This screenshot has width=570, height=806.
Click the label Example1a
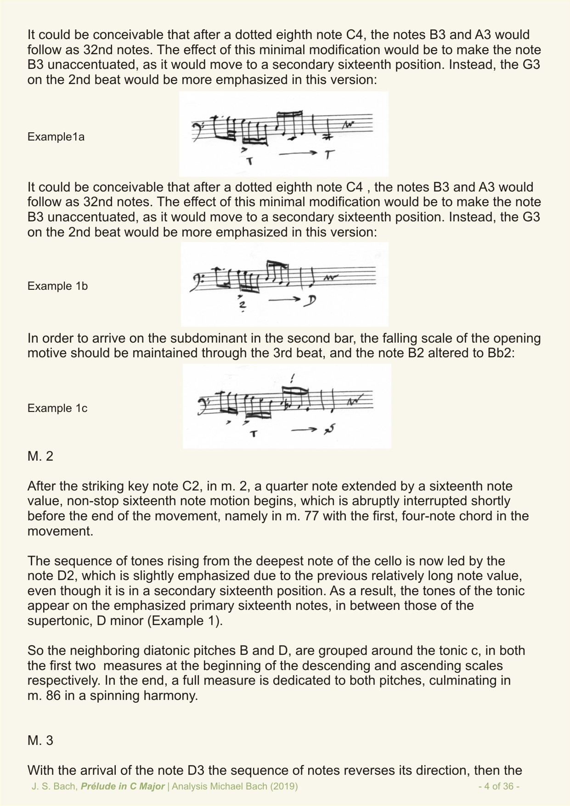click(x=56, y=137)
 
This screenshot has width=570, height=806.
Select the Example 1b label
click(x=57, y=286)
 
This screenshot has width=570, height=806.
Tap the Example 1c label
click(x=57, y=408)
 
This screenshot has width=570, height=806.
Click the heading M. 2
click(x=40, y=457)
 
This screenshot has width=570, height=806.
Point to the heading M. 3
click(x=40, y=740)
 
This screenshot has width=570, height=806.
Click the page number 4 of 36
click(x=498, y=786)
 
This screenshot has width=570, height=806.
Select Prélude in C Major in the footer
click(x=123, y=786)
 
